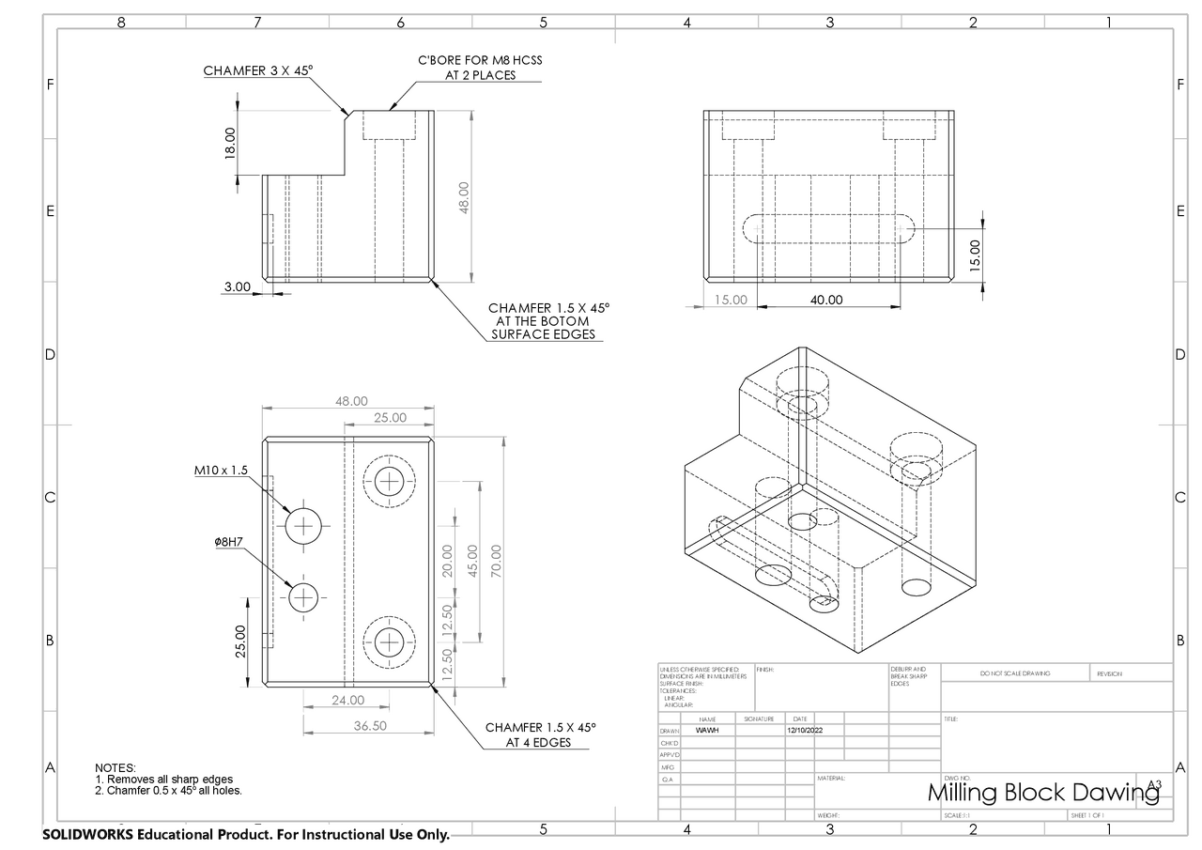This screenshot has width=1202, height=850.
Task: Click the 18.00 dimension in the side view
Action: pyautogui.click(x=230, y=144)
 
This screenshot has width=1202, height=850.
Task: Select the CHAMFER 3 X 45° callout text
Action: pyautogui.click(x=257, y=70)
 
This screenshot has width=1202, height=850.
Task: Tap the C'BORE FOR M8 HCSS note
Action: pyautogui.click(x=480, y=68)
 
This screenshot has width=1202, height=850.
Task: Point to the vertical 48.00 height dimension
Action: pyautogui.click(x=463, y=197)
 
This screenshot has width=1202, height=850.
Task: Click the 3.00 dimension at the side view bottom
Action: pyautogui.click(x=237, y=287)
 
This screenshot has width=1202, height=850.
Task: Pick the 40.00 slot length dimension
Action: pyautogui.click(x=826, y=301)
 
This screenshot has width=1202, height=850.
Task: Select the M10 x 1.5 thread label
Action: pyautogui.click(x=222, y=471)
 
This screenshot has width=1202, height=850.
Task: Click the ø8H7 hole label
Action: pyautogui.click(x=228, y=542)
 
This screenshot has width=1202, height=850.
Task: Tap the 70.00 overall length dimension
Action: pyautogui.click(x=496, y=562)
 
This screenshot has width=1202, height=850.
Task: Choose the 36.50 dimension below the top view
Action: pyautogui.click(x=369, y=726)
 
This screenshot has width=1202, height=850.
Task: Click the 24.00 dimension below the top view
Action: pyautogui.click(x=347, y=700)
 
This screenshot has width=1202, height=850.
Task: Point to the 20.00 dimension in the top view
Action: pyautogui.click(x=447, y=561)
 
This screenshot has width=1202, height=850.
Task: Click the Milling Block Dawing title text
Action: pyautogui.click(x=1042, y=793)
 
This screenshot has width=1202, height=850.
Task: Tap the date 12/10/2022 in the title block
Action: pyautogui.click(x=805, y=730)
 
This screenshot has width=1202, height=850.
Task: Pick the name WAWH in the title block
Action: pyautogui.click(x=706, y=730)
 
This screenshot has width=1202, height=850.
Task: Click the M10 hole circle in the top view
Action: pyautogui.click(x=303, y=526)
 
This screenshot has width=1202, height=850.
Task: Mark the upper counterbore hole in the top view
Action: pyautogui.click(x=389, y=481)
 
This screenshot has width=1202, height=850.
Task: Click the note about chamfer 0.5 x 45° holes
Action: pyautogui.click(x=169, y=791)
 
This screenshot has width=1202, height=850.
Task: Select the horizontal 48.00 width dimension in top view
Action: pyautogui.click(x=351, y=401)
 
